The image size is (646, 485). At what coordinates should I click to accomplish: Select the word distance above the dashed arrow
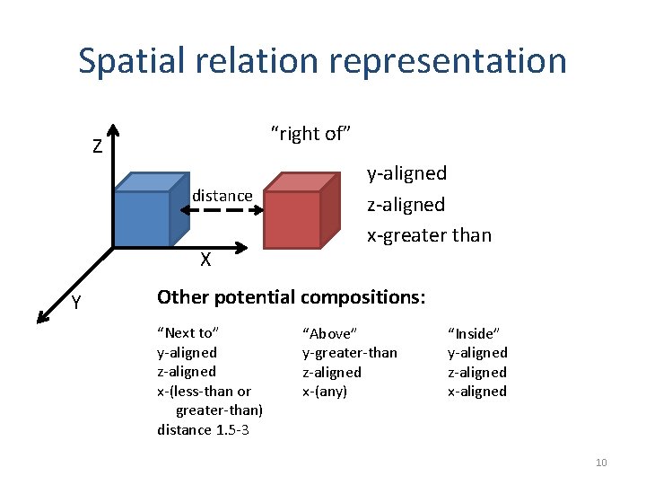pyautogui.click(x=223, y=196)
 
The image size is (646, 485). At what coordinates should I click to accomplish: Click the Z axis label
pyautogui.click(x=97, y=147)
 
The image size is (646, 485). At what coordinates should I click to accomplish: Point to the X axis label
pyautogui.click(x=205, y=260)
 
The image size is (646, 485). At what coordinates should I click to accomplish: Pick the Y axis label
pyautogui.click(x=77, y=304)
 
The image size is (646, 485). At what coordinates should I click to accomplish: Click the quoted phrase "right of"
pyautogui.click(x=310, y=134)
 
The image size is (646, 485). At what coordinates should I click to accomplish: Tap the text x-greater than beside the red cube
pyautogui.click(x=429, y=235)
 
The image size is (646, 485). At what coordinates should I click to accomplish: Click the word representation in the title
pyautogui.click(x=448, y=61)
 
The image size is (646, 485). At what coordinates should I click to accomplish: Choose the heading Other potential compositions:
pyautogui.click(x=292, y=296)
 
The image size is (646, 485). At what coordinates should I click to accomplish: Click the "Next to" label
pyautogui.click(x=187, y=333)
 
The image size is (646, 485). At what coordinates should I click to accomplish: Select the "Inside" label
pyautogui.click(x=472, y=333)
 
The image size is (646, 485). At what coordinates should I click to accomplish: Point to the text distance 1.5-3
pyautogui.click(x=203, y=429)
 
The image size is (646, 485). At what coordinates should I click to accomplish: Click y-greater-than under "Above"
pyautogui.click(x=349, y=353)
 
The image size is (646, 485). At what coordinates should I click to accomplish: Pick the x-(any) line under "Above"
pyautogui.click(x=325, y=391)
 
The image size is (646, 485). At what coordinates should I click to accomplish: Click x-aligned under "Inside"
pyautogui.click(x=477, y=391)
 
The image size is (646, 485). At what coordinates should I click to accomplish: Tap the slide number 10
pyautogui.click(x=601, y=463)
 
